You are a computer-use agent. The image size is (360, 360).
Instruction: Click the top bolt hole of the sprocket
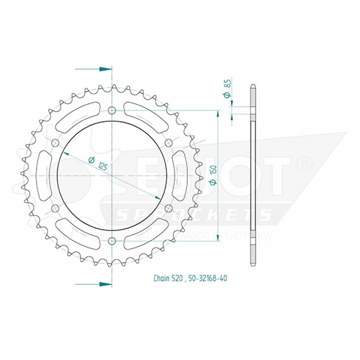click(x=112, y=110)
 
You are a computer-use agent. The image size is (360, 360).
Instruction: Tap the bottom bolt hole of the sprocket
click(x=112, y=240)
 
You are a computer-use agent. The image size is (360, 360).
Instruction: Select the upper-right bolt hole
click(x=168, y=142)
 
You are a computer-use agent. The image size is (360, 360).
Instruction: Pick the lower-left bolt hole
click(x=55, y=208)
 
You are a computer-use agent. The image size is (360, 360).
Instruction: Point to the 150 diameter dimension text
click(x=213, y=175)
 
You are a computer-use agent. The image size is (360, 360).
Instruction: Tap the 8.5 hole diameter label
click(x=226, y=88)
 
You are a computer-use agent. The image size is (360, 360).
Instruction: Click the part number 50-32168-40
click(x=207, y=278)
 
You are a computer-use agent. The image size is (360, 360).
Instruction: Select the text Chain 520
click(x=168, y=278)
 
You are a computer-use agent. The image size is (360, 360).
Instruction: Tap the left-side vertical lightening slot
click(x=45, y=175)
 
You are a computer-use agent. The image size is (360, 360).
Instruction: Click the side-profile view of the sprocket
click(x=253, y=175)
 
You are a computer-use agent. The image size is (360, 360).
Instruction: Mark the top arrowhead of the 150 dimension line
click(x=218, y=113)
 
